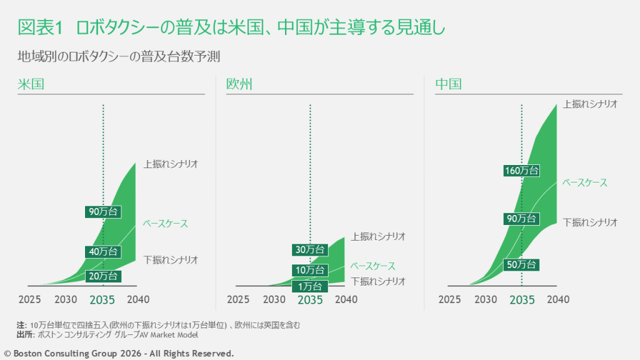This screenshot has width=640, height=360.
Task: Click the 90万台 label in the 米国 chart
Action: (x=103, y=211)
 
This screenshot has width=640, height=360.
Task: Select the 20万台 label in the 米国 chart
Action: (x=103, y=276)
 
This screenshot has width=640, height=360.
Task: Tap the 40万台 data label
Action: (x=103, y=251)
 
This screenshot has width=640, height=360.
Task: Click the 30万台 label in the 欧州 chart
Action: (x=309, y=249)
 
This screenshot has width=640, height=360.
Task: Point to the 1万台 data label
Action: (x=309, y=286)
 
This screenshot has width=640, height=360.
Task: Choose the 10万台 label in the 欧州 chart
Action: (x=309, y=270)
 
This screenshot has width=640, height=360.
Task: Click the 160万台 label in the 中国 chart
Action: (x=521, y=170)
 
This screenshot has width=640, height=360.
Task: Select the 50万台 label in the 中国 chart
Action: (x=521, y=265)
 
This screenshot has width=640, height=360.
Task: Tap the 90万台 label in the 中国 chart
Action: (x=521, y=218)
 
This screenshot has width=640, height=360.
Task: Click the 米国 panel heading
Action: (x=31, y=84)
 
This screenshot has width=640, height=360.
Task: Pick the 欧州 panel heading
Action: (x=239, y=84)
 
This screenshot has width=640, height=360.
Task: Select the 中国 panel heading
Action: (x=448, y=84)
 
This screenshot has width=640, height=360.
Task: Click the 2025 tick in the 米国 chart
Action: (x=29, y=299)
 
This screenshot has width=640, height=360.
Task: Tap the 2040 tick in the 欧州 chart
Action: (x=346, y=299)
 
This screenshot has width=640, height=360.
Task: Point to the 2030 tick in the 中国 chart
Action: (x=486, y=299)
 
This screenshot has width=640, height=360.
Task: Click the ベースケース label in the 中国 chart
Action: (x=584, y=182)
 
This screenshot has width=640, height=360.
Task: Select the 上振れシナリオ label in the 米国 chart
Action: (x=171, y=164)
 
